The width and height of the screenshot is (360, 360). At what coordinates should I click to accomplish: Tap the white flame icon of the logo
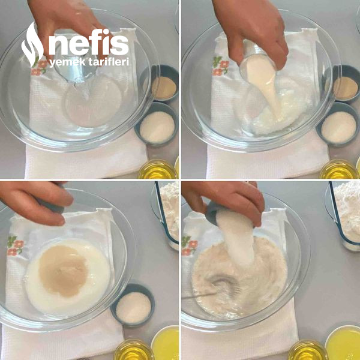click(32, 45)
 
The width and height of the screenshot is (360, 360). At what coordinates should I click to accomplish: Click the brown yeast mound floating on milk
click(63, 270)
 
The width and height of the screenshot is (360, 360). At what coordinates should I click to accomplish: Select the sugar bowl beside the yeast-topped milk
click(133, 305)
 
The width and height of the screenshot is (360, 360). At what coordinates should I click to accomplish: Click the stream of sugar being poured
click(238, 239)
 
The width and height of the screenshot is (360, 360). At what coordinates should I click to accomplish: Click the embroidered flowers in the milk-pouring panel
click(220, 66)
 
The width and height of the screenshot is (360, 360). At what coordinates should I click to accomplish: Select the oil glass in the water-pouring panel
click(157, 169)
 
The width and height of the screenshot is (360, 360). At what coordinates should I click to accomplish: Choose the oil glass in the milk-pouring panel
click(339, 169)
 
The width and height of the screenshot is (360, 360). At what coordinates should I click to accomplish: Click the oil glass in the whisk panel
click(308, 350)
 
